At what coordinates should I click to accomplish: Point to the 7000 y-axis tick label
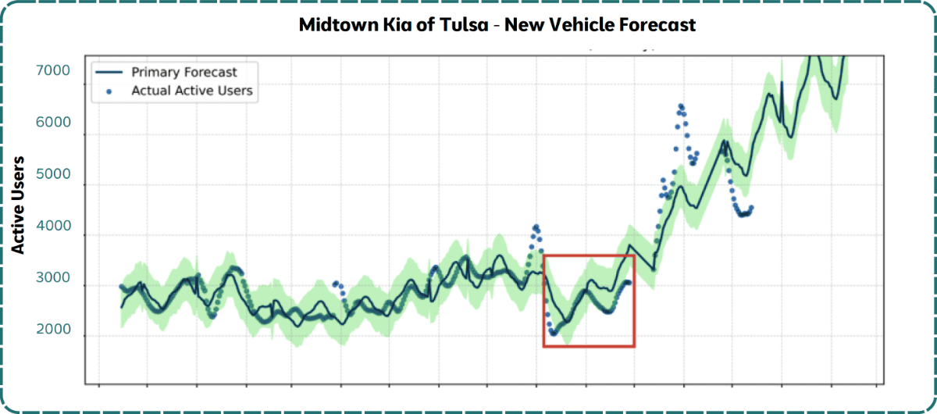click(x=53, y=71)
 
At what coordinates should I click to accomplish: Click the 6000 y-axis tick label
click(x=53, y=123)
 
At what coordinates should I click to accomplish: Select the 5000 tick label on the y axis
click(x=53, y=175)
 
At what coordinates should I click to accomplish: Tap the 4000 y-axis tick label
click(x=53, y=227)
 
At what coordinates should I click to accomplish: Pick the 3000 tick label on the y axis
click(x=53, y=279)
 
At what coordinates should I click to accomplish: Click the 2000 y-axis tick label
click(x=53, y=330)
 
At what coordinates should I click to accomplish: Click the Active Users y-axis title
click(x=20, y=205)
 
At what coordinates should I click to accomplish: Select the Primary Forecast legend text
click(x=183, y=72)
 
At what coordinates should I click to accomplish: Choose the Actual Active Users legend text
click(x=191, y=91)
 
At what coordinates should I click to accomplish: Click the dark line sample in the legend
click(x=109, y=72)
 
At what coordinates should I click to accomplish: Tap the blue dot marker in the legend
click(x=109, y=91)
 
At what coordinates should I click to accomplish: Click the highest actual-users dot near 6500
click(x=681, y=106)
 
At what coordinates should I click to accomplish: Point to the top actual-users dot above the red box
click(x=536, y=227)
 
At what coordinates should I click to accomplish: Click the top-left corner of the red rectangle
click(x=544, y=256)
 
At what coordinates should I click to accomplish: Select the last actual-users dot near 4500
click(x=750, y=208)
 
